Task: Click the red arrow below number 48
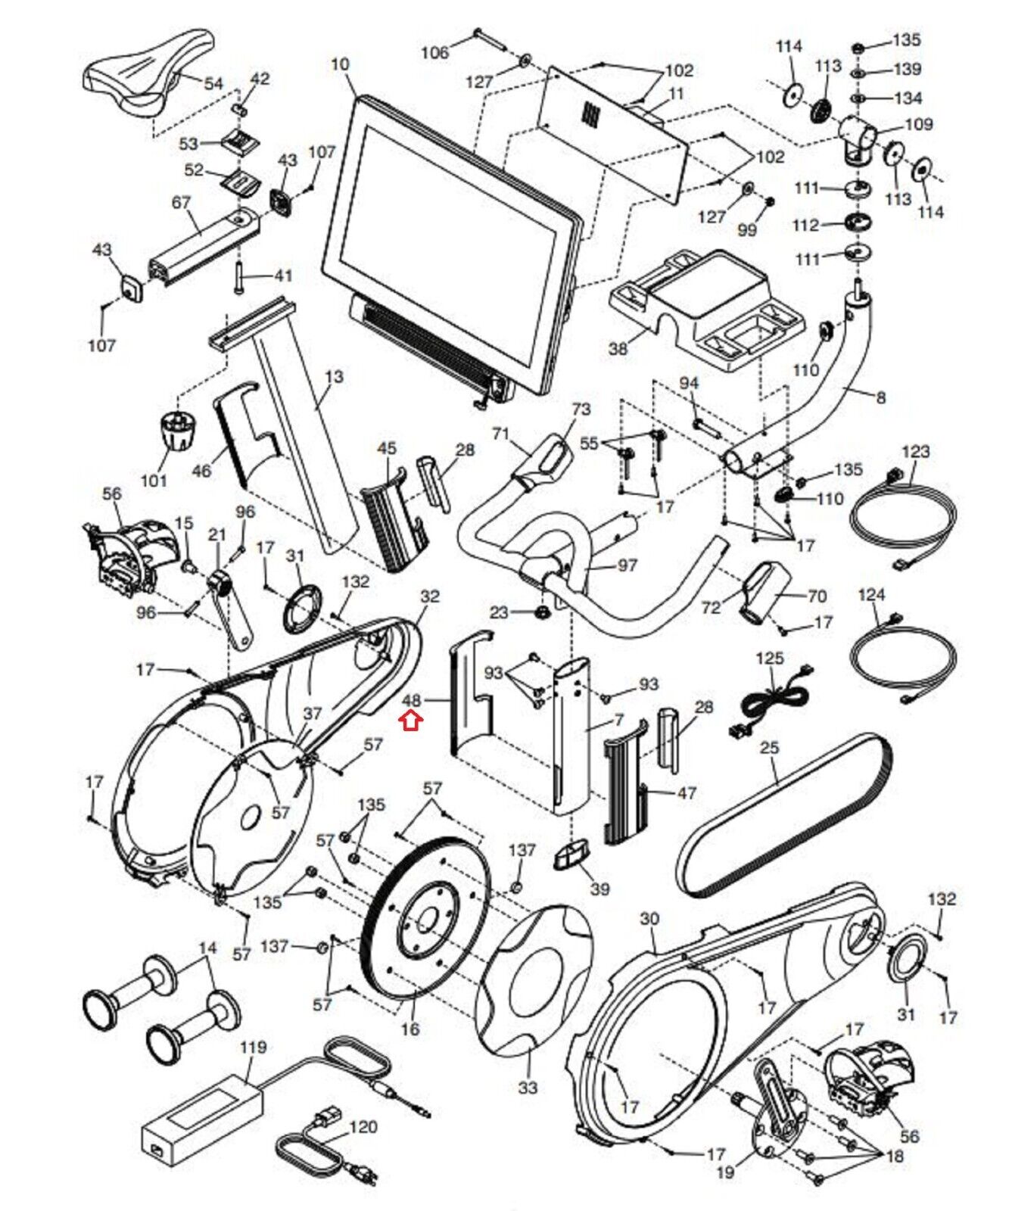tap(411, 721)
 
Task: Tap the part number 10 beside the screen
tap(340, 65)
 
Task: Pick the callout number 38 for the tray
tap(618, 349)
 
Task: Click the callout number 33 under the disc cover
tap(528, 1087)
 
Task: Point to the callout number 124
tap(871, 595)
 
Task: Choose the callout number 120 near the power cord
tap(363, 1127)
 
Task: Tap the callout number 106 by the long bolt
tap(434, 52)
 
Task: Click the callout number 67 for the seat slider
tap(181, 202)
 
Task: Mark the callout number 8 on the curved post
tap(880, 397)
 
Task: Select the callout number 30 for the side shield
tap(649, 919)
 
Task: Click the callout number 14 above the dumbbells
tap(207, 948)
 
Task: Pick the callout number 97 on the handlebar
tap(627, 565)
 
